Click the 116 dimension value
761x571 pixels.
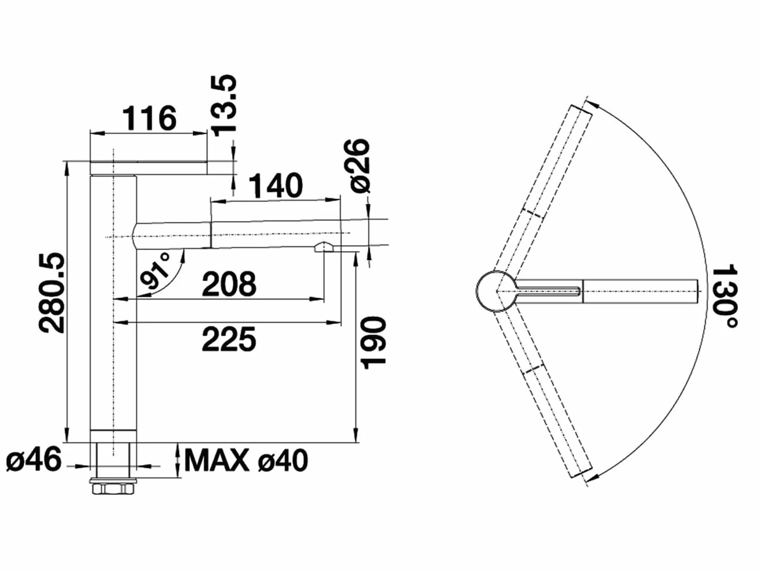(149, 118)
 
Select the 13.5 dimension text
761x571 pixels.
(224, 105)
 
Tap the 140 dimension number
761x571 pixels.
(276, 185)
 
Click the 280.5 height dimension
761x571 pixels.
(52, 292)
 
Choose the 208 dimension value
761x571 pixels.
(229, 284)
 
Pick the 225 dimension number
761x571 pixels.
(229, 339)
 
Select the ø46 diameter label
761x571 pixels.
(33, 460)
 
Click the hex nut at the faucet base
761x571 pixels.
(113, 489)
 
